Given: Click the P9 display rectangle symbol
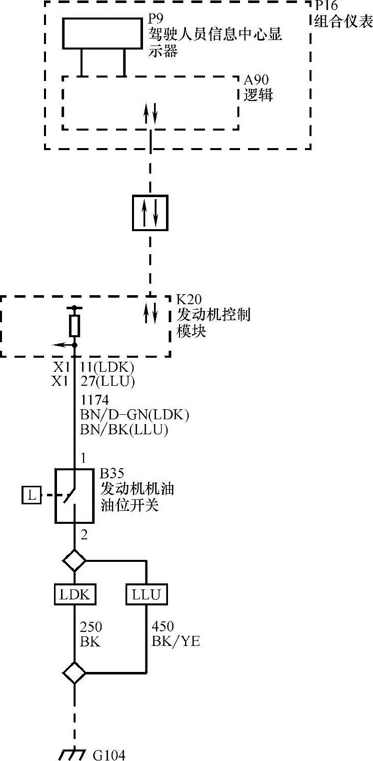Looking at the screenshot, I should [x=102, y=34].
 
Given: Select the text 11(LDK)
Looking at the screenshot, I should [x=107, y=367].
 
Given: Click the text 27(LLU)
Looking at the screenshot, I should [x=107, y=381].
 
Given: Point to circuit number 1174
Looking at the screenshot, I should [x=94, y=401].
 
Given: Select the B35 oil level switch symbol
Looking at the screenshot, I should [x=74, y=496].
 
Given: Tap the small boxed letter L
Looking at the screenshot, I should [x=32, y=496].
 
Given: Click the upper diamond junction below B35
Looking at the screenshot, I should [x=74, y=560].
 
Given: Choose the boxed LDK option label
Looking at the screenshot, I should [x=74, y=595].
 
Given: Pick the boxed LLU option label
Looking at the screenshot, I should [x=146, y=595].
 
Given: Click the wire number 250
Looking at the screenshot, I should [x=91, y=627].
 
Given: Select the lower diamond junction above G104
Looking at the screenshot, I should [x=74, y=673].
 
